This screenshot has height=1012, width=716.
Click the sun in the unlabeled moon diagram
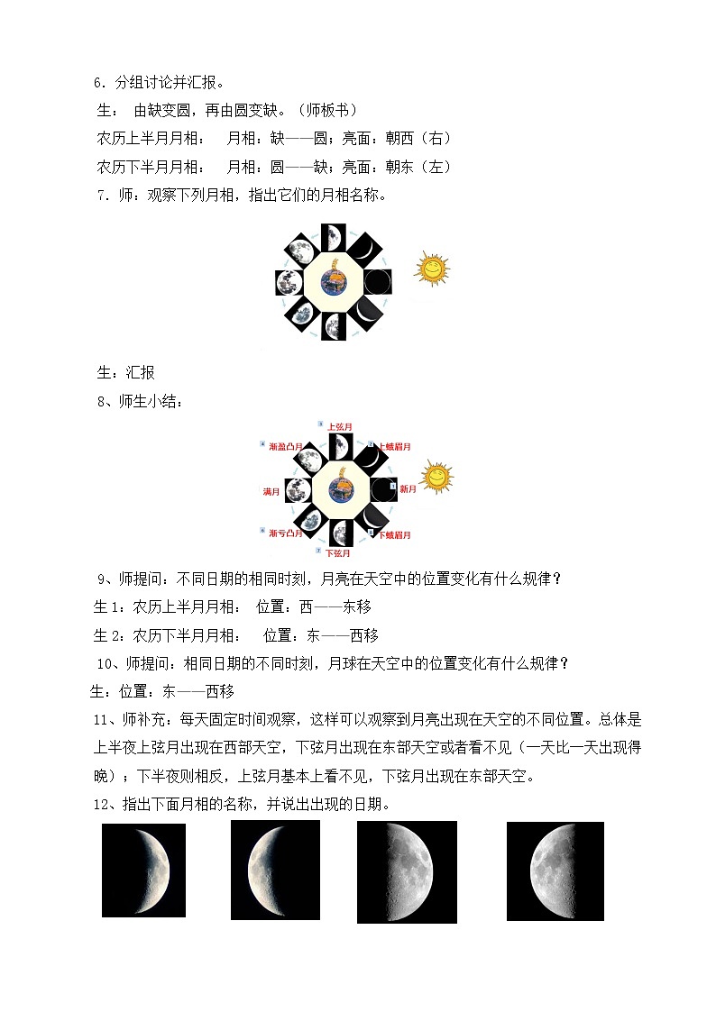pos(432,269)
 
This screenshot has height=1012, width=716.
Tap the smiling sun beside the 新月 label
pos(436,478)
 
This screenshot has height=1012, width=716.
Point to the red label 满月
pos(271,492)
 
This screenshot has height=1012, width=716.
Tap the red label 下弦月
pos(338,552)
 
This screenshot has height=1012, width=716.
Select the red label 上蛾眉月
pos(395,446)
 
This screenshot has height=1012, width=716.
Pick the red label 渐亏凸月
pos(284,534)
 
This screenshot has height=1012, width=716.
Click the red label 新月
pos(408,489)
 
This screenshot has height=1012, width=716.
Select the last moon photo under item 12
pos(555,871)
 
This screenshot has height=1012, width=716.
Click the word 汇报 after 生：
pos(137,373)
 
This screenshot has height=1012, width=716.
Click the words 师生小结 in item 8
pos(149,403)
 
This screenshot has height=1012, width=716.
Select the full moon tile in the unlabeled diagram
pos(289,282)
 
